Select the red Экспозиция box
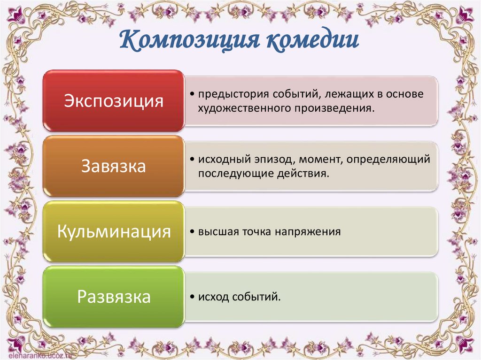[x=114, y=101]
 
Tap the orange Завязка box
[x=114, y=167]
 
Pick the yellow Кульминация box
[x=114, y=232]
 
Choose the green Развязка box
[x=114, y=297]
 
